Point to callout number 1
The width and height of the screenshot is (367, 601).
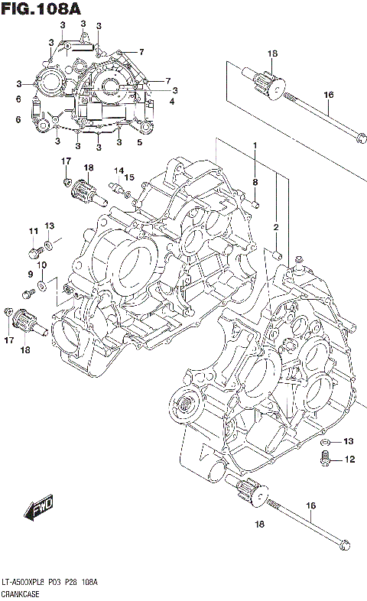click(255, 145)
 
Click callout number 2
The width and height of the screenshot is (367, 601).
click(275, 226)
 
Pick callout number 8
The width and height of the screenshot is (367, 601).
click(255, 181)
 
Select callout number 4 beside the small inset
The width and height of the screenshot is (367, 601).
click(172, 101)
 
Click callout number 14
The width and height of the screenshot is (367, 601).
click(119, 171)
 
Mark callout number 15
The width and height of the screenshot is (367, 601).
click(130, 177)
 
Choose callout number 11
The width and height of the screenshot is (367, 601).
click(33, 232)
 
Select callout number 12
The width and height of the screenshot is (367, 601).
click(349, 460)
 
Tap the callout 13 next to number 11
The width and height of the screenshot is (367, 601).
click(50, 226)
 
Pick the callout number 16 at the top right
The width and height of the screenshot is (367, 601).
click(329, 95)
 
